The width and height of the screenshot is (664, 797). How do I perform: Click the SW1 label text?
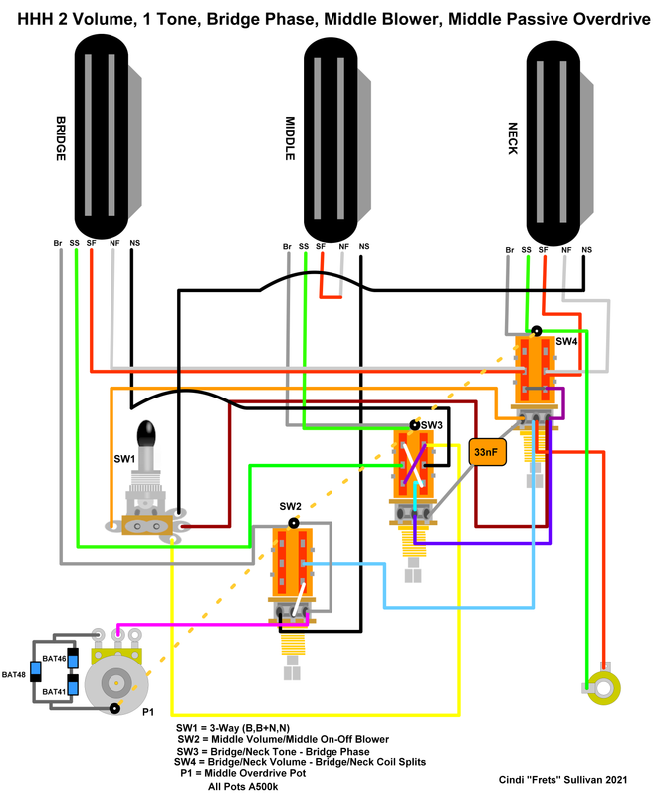pyautogui.click(x=124, y=459)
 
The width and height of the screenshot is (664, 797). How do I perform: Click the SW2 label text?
pyautogui.click(x=289, y=506)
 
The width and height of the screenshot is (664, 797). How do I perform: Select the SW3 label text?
pyautogui.click(x=432, y=425)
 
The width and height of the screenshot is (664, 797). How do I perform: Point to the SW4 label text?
pyautogui.click(x=566, y=341)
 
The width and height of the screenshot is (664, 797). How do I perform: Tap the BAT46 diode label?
pyautogui.click(x=53, y=659)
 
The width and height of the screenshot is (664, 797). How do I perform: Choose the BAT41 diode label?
pyautogui.click(x=53, y=691)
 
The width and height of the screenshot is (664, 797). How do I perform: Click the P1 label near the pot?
pyautogui.click(x=148, y=713)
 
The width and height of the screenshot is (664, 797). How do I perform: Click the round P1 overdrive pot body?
pyautogui.click(x=116, y=682)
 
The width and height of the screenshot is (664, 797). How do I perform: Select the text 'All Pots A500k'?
pyautogui.click(x=244, y=787)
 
